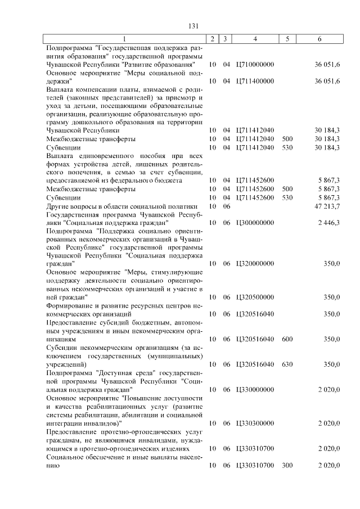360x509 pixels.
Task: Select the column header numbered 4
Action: click(255, 39)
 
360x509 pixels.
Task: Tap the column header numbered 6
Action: click(319, 39)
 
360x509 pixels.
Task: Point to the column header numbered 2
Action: click(211, 39)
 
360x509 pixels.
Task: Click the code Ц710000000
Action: click(255, 65)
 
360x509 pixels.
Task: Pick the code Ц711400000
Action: click(255, 82)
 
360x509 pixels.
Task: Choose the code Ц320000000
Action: click(255, 264)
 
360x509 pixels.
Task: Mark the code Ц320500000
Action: click(255, 298)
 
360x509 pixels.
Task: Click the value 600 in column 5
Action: click(287, 339)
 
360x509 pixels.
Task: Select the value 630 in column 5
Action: click(287, 364)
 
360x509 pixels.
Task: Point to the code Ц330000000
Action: click(255, 389)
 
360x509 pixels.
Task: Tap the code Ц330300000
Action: click(255, 423)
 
